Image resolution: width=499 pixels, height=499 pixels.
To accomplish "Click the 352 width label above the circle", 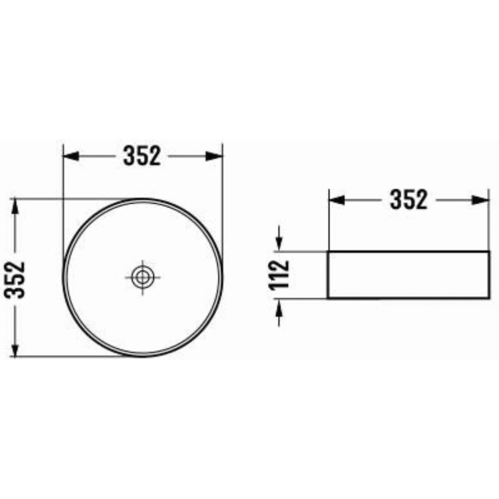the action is (x=142, y=156).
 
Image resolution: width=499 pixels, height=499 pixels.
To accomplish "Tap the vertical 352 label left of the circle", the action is (x=15, y=280).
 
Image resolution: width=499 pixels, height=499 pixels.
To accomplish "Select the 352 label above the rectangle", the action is (x=409, y=200).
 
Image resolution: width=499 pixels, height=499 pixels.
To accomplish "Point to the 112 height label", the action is (x=279, y=275).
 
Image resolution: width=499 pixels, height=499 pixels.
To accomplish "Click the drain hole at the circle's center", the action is (x=142, y=277).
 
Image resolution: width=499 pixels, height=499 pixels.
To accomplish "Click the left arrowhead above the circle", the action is (x=71, y=156).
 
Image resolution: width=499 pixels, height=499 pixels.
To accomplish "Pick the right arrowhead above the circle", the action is (x=214, y=156).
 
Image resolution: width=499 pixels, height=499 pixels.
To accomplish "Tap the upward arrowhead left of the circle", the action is (x=15, y=208).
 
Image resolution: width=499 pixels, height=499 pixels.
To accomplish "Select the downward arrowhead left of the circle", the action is (x=15, y=347).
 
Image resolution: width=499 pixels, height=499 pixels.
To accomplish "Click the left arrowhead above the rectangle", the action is (x=337, y=200).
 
